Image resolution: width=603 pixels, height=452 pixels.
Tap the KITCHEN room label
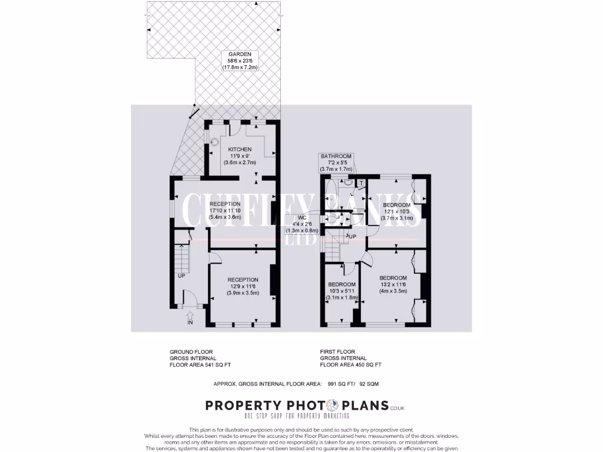click(x=240, y=149)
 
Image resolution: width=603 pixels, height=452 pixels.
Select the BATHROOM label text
click(x=336, y=156)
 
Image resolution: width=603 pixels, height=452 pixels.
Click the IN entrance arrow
click(x=190, y=318)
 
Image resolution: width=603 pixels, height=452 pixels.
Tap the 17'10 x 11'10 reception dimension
click(x=226, y=210)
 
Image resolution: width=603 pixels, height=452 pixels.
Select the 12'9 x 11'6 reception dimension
click(x=243, y=286)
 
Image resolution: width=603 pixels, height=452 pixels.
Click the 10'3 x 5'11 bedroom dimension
click(x=342, y=291)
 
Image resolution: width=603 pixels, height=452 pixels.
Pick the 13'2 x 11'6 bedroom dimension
click(x=393, y=284)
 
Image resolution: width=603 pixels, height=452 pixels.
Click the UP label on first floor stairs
click(x=352, y=237)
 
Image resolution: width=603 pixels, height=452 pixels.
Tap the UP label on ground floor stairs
click(x=181, y=275)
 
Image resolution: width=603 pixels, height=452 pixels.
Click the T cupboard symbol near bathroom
click(x=360, y=182)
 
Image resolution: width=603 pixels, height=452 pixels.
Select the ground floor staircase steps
click(x=181, y=256)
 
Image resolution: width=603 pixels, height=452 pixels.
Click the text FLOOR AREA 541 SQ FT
click(x=200, y=365)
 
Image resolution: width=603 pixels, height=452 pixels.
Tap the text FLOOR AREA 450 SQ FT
click(x=350, y=365)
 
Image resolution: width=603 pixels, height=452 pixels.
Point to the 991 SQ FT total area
click(x=340, y=384)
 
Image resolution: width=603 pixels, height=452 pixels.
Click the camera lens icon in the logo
click(x=333, y=406)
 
